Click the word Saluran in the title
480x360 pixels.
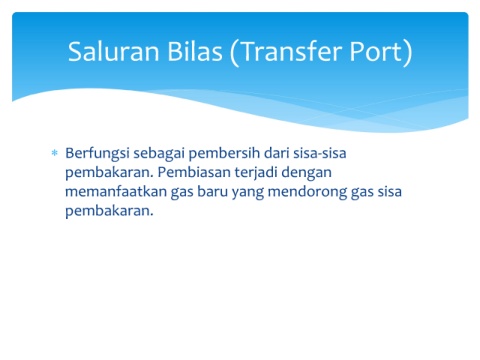pyautogui.click(x=114, y=51)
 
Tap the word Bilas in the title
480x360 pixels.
pyautogui.click(x=195, y=51)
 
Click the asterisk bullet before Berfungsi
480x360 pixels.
pyautogui.click(x=54, y=153)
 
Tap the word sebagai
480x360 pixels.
pyautogui.click(x=159, y=154)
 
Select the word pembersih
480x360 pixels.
pyautogui.click(x=224, y=154)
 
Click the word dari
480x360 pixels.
pyautogui.click(x=277, y=153)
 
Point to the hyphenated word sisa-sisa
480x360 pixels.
pyautogui.click(x=320, y=153)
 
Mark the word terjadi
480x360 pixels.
pyautogui.click(x=256, y=173)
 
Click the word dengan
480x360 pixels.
pyautogui.click(x=307, y=173)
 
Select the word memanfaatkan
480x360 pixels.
pyautogui.click(x=116, y=192)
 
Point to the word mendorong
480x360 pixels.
pyautogui.click(x=307, y=192)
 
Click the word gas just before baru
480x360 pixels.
pyautogui.click(x=182, y=193)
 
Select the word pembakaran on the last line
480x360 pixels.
pyautogui.click(x=109, y=211)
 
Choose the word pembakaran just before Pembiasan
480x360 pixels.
pyautogui.click(x=109, y=173)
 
